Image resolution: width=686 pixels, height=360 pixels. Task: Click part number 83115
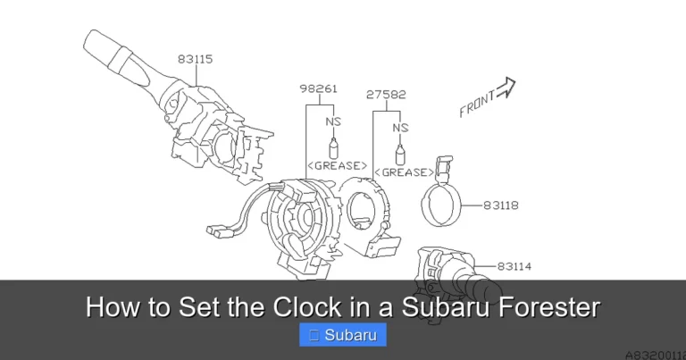pos(195,59)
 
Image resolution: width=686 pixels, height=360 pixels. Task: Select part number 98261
pos(318,89)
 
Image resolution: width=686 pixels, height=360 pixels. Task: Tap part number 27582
pos(385,94)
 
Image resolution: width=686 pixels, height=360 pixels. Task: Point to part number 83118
pos(501,205)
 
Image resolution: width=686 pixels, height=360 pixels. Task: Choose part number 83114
pos(515,265)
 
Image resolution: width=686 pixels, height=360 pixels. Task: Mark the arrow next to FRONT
pos(506,87)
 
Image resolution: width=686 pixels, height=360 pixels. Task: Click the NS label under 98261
pos(333,121)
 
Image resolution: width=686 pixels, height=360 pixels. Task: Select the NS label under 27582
pos(400,128)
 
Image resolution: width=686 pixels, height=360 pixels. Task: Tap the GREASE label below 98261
pos(337,165)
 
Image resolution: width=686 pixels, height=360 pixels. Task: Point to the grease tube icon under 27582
pos(400,152)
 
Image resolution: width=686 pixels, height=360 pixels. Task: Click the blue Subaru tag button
pos(343,336)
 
